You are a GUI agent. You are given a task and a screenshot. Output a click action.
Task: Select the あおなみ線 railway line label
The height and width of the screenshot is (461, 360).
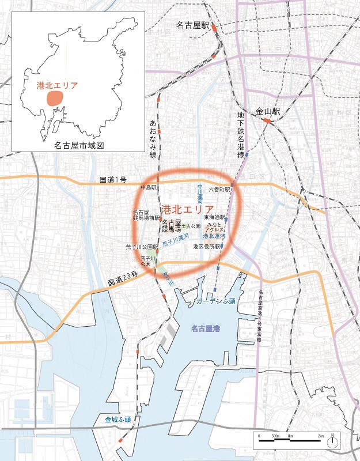(153, 139)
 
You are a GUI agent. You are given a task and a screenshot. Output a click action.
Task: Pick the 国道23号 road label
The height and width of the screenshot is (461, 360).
(122, 282)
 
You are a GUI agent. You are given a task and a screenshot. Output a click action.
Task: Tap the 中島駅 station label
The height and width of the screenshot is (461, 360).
(149, 188)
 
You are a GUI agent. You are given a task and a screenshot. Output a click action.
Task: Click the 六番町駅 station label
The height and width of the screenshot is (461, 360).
(219, 188)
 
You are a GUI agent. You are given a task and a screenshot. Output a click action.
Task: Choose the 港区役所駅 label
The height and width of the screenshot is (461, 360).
(207, 246)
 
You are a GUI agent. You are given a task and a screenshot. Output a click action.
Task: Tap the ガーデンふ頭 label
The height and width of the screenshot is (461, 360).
(216, 301)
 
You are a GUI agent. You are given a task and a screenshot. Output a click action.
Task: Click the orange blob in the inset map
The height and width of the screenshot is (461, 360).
(55, 98)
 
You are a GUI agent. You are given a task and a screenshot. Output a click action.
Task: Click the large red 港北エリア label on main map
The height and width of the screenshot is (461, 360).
(188, 209)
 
